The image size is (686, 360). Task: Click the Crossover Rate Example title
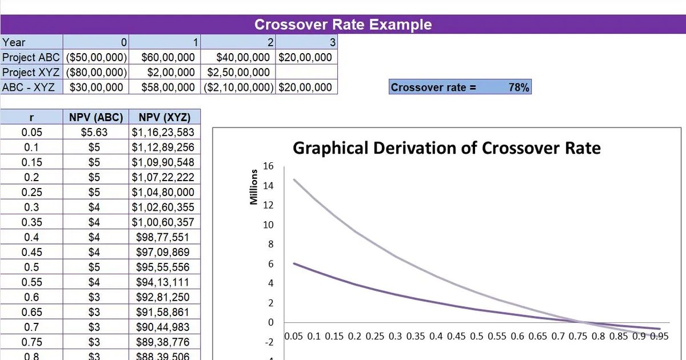tap(343, 25)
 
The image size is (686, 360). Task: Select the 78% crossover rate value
tap(519, 87)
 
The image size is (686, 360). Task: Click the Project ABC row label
tap(31, 57)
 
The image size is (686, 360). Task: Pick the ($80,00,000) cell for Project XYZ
tap(97, 72)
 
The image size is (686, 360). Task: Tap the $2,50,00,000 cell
tap(238, 72)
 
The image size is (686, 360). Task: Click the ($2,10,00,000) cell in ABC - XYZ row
tap(238, 87)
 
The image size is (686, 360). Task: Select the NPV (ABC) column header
tap(96, 117)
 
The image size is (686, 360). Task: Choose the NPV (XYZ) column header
tap(165, 117)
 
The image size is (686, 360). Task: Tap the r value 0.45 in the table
tap(31, 252)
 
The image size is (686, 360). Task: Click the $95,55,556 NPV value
tap(165, 267)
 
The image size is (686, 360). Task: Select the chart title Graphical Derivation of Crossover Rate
tap(446, 148)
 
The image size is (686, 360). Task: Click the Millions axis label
tap(254, 187)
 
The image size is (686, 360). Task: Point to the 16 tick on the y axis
tap(268, 166)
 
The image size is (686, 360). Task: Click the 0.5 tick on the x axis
tap(477, 336)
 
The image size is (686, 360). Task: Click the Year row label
tap(14, 42)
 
